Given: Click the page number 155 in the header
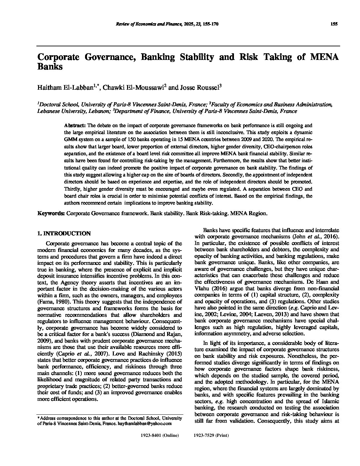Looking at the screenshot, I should coord(334,24).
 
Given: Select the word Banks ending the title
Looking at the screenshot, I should coord(50,66).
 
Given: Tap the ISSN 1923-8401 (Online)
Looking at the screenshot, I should coord(160,435).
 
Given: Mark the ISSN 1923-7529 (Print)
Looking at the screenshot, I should coord(211,435).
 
